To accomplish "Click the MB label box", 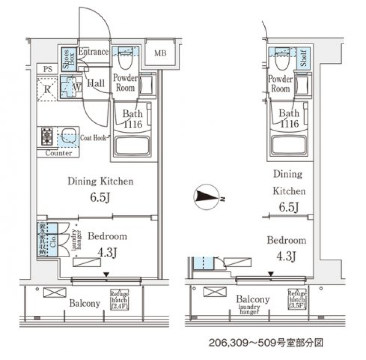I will (x=160, y=53).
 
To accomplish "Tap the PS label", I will (x=48, y=69).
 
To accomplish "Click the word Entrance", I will (x=93, y=52).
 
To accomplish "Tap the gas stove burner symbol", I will (x=47, y=136).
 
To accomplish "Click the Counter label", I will (x=58, y=153).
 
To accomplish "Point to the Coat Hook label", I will (x=94, y=138).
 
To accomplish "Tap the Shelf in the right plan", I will (x=303, y=58).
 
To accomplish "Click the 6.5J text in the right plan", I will (x=288, y=207).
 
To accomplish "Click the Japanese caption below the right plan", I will (x=265, y=342).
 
